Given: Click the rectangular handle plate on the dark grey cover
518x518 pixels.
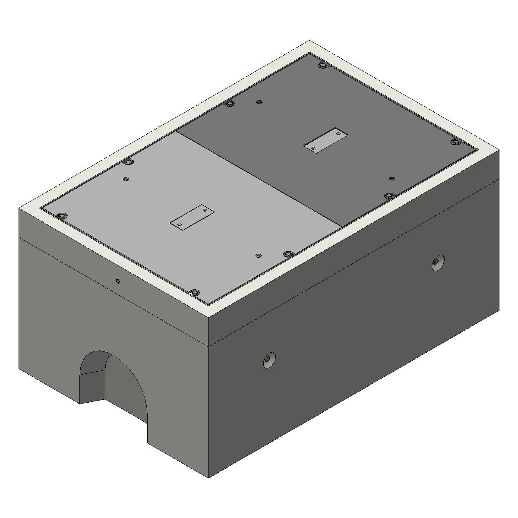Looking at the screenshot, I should tap(326, 140).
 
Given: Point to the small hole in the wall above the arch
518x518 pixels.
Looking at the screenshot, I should tap(118, 281).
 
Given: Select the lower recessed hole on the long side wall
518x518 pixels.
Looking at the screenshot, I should tap(269, 360).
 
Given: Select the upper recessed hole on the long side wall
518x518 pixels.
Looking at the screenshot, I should tap(438, 262).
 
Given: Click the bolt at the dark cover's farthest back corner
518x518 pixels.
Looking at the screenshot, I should tap(322, 66).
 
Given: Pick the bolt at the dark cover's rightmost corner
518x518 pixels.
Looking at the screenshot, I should tap(455, 142).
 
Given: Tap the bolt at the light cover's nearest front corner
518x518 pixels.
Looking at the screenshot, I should tap(195, 293).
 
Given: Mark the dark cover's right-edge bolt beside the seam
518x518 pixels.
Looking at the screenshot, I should tap(389, 196).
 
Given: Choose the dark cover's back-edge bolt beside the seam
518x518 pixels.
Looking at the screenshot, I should tap(230, 104).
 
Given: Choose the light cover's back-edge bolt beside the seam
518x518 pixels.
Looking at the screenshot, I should tap(127, 162).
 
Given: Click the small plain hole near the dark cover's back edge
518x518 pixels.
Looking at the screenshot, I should tap(259, 102).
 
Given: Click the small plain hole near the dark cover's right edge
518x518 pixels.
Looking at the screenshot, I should tap(392, 178).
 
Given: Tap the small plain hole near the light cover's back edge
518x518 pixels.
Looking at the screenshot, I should tap(126, 179).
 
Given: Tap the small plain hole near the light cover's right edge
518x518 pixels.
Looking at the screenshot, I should tap(258, 256).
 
